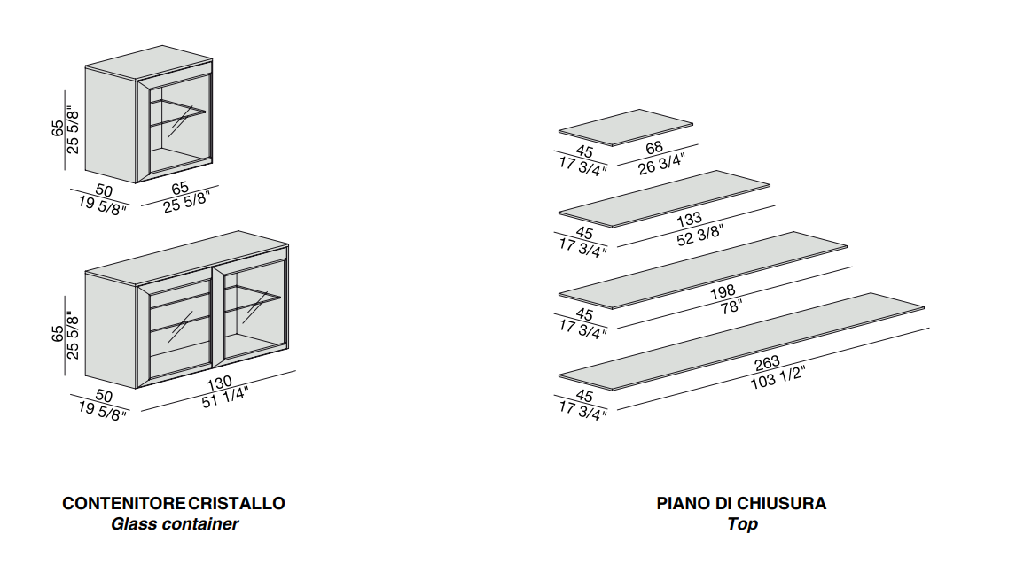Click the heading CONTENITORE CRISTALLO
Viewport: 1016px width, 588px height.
[174, 503]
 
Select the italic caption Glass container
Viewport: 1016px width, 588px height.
[175, 524]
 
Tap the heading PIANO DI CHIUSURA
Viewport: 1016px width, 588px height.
[741, 503]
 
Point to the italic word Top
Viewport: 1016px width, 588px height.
[742, 524]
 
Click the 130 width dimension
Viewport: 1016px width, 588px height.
[219, 382]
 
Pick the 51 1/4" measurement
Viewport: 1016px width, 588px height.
[225, 397]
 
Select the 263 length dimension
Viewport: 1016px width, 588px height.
[767, 361]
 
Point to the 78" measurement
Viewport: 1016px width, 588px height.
[731, 307]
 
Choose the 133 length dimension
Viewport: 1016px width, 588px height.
[689, 218]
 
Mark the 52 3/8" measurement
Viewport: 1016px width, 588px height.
[699, 235]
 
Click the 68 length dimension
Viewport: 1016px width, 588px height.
[654, 148]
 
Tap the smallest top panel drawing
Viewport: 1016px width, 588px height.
[626, 127]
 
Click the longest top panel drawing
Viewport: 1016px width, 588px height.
[741, 340]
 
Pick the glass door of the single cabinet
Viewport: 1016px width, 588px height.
[181, 124]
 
